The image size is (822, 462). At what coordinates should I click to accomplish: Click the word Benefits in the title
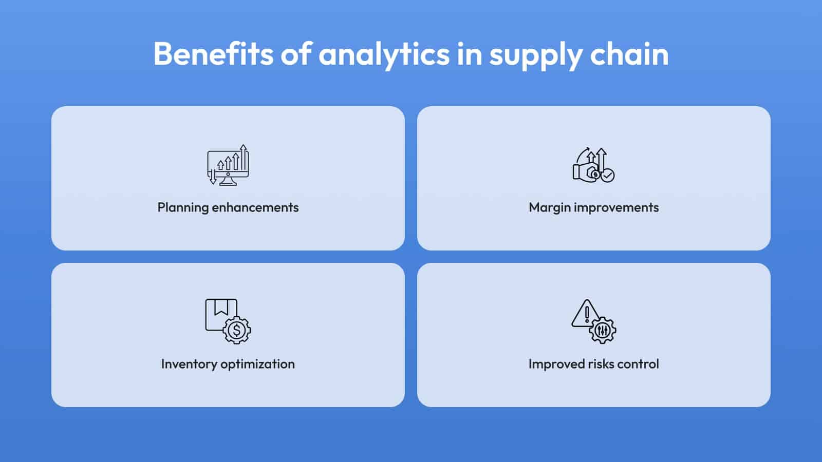(213, 54)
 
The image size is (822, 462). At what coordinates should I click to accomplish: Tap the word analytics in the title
(384, 55)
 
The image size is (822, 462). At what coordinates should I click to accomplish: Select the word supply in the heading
(536, 56)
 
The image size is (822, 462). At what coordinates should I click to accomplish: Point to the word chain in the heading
(629, 54)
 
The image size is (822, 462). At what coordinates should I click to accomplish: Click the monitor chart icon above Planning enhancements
(228, 165)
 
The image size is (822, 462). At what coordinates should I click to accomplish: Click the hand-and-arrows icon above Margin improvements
(594, 165)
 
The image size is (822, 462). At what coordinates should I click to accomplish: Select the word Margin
(550, 208)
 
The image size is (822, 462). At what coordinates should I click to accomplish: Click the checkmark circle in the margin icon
(608, 176)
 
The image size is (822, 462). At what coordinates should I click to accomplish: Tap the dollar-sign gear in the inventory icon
(237, 331)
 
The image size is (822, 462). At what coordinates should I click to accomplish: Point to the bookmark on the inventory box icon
(221, 307)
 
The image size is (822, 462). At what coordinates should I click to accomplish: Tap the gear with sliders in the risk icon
(603, 331)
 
